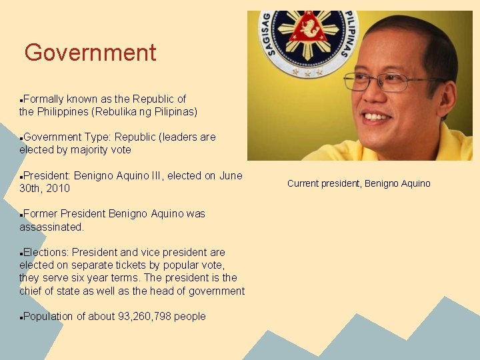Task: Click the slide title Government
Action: [x=90, y=53]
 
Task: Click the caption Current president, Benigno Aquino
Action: [x=359, y=183]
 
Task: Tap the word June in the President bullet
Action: [x=231, y=176]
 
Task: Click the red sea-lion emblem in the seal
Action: [x=307, y=28]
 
